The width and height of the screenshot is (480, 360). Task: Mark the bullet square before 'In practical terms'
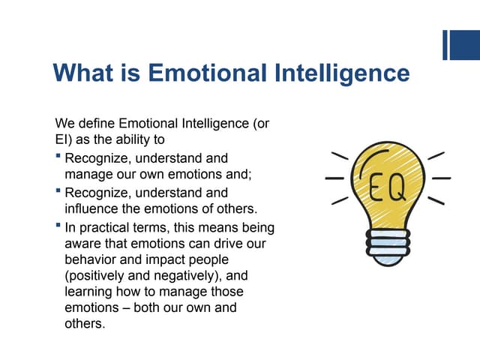[58, 226]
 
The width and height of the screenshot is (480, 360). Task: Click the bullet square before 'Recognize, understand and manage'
[58, 157]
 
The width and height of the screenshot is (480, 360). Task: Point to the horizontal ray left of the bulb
[334, 178]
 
